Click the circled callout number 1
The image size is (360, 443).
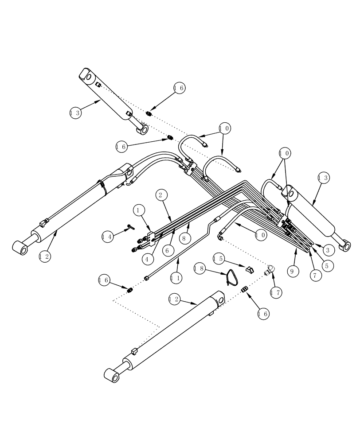click(x=139, y=209)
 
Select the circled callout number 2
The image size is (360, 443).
click(x=161, y=194)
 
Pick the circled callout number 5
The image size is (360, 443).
click(x=328, y=266)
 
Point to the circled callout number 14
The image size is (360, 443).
click(x=107, y=237)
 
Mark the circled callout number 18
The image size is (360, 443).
click(x=199, y=268)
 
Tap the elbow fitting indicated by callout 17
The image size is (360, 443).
click(x=269, y=269)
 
